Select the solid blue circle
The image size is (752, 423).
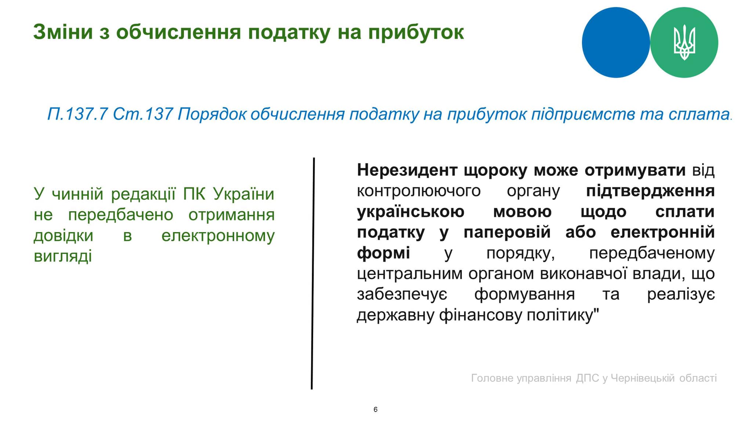coord(616,43)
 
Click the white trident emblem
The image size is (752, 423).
coord(684,42)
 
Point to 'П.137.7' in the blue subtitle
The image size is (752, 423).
coord(77,114)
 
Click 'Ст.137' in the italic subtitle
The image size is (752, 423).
coord(143,114)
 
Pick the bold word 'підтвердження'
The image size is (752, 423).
coord(650,191)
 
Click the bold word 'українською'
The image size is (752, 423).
coord(411,212)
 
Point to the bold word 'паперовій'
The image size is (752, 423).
coord(507,233)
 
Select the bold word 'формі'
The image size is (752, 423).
coord(383,254)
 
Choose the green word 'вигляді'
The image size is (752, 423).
coord(63,256)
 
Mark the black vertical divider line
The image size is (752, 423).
coord(313,274)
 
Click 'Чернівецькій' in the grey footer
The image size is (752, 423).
coord(643,378)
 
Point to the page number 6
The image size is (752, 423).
coord(375,409)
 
